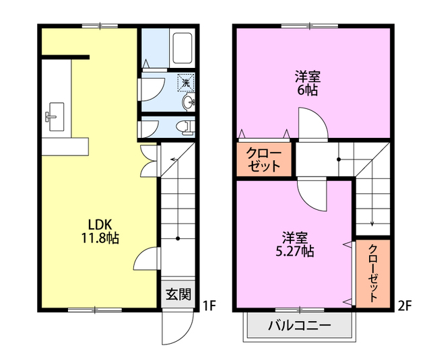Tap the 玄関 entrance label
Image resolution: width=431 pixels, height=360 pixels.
click(178, 293)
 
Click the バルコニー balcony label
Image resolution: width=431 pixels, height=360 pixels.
click(299, 326)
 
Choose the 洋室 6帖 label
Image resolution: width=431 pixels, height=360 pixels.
click(306, 82)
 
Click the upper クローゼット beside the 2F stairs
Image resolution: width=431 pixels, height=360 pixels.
click(265, 159)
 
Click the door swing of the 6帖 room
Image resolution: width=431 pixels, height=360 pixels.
click(313, 124)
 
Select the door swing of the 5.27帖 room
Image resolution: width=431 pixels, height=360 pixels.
click(313, 196)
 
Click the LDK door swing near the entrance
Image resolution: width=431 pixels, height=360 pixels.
click(147, 258)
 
